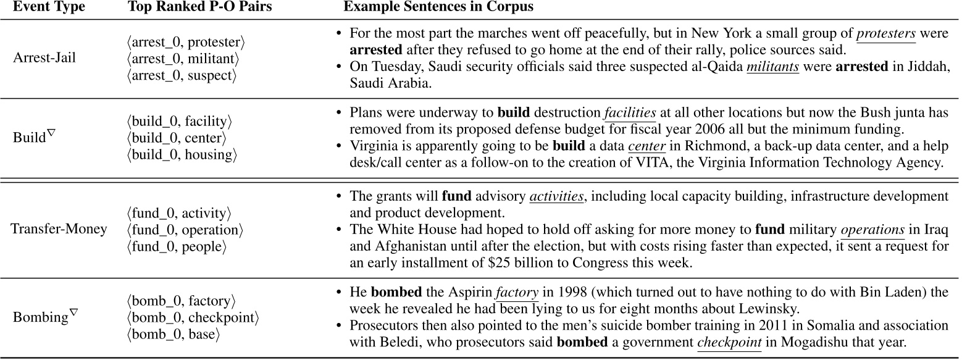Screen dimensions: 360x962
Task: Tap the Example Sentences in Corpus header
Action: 438,8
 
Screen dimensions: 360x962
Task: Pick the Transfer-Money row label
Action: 59,229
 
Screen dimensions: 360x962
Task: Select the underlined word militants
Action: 772,67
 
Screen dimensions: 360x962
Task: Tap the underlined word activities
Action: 556,197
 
